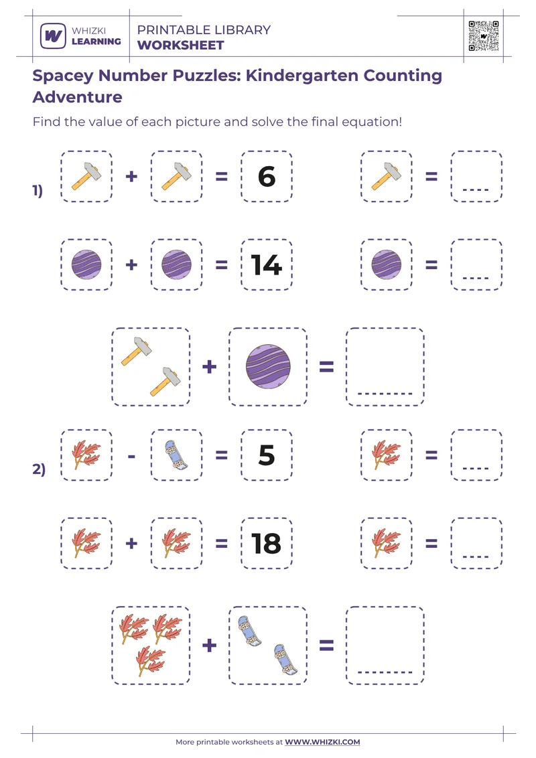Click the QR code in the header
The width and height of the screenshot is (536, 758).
coord(484,35)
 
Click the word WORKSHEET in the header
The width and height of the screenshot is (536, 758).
coord(180,46)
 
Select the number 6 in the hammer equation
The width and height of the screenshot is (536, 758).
coord(266,177)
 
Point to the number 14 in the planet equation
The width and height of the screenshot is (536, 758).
coord(266,265)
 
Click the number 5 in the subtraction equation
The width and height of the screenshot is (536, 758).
coord(266,455)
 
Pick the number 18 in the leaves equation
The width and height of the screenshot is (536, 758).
coord(266,543)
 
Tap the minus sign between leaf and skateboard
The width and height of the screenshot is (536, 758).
coord(131,455)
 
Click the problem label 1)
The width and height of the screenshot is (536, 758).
coord(38,191)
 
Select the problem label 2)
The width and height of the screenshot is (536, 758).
coord(39,469)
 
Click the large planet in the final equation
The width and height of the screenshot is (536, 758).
coord(267,367)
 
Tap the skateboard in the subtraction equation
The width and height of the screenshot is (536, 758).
coord(176,455)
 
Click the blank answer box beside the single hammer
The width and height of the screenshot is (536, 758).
coord(476,177)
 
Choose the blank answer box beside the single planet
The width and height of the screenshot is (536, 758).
coord(476,265)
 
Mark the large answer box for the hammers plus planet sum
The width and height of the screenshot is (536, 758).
coord(385,366)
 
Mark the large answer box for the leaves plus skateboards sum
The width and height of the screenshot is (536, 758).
coord(385,645)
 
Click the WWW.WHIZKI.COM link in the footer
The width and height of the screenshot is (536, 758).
coord(322,742)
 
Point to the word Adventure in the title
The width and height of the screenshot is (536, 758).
coord(77,97)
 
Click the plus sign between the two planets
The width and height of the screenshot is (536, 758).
coord(131,265)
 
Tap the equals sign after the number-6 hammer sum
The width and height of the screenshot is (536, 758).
coord(221,177)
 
